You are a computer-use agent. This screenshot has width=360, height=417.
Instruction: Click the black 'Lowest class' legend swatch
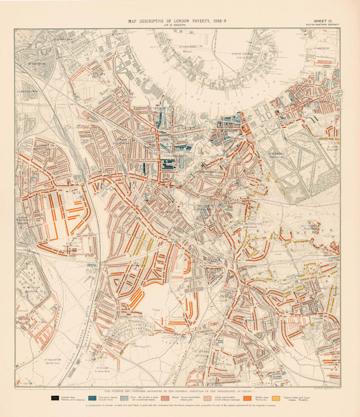(55, 397)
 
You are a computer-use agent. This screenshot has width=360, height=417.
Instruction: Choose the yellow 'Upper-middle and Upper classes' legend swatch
(276, 397)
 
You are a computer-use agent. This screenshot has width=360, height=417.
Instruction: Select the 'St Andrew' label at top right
(321, 48)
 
